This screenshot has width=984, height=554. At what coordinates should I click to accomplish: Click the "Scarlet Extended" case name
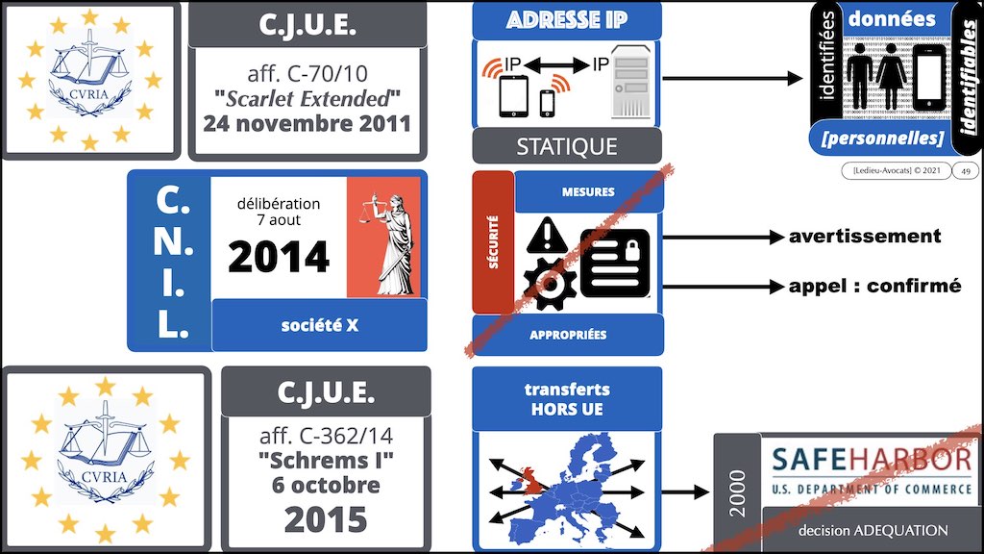[x=305, y=98]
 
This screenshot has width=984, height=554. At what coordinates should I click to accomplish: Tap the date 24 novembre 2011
[x=305, y=123]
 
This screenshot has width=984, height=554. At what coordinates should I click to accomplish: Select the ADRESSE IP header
[x=567, y=20]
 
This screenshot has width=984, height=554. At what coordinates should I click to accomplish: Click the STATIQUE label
[x=567, y=147]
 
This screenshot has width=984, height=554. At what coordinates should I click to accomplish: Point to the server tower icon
[x=631, y=85]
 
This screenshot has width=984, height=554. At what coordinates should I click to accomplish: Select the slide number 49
[x=965, y=171]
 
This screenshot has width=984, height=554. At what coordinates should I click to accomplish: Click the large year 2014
[x=279, y=257]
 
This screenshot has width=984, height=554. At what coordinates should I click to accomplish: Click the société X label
[x=319, y=325]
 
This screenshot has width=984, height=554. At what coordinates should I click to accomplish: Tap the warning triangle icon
[x=545, y=235]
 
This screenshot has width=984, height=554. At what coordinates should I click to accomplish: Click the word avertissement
[x=865, y=237]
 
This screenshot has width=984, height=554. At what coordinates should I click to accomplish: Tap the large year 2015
[x=325, y=519]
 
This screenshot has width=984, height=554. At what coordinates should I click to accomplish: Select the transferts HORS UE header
[x=567, y=398]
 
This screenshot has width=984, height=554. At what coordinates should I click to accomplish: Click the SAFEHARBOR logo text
[x=871, y=462]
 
